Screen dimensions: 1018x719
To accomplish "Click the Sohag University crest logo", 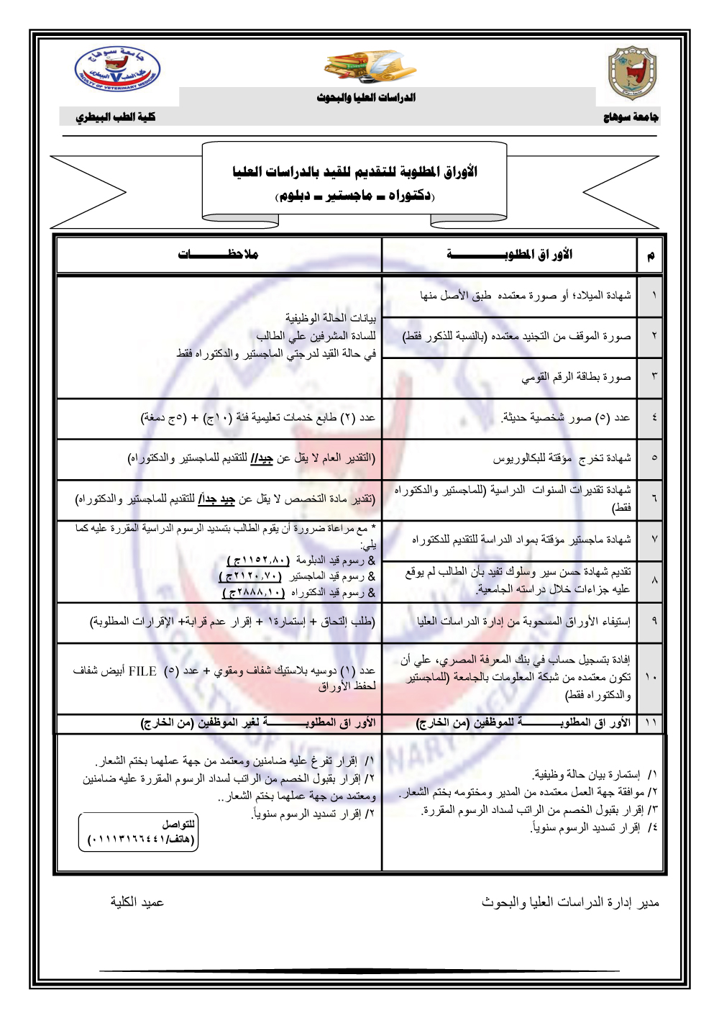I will [x=632, y=73].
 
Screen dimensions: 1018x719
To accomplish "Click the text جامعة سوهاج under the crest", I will [x=631, y=117].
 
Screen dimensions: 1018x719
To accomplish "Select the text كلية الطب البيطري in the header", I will [x=116, y=117].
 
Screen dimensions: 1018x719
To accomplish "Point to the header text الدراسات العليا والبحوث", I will [x=366, y=97].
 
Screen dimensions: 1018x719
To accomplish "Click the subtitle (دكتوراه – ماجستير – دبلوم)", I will [x=355, y=195].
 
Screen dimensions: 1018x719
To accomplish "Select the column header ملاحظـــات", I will [x=219, y=254].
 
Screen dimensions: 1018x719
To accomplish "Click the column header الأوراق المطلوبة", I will [x=510, y=254].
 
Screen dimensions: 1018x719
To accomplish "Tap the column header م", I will [x=651, y=255].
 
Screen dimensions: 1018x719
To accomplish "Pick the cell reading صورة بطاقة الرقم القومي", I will [x=576, y=376].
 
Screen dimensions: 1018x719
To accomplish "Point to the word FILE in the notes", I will [x=142, y=671].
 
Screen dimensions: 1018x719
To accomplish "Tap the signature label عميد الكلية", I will [x=137, y=902].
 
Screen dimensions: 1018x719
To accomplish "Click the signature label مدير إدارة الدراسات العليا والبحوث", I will [x=570, y=902].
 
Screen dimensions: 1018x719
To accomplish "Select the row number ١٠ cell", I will [x=651, y=676].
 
